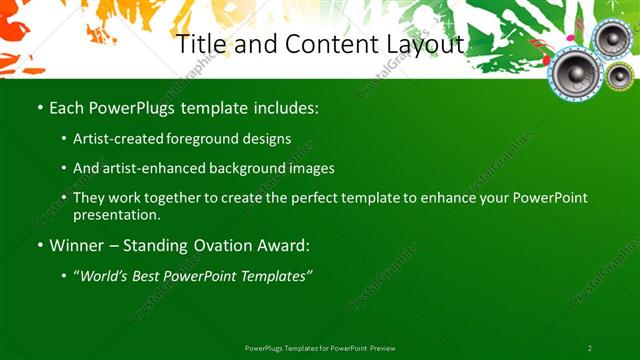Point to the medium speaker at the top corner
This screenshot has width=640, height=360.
point(610,39)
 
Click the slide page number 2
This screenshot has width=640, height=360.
point(590,348)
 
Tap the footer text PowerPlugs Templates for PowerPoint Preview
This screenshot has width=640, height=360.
point(320,348)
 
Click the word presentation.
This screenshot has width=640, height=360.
point(116,214)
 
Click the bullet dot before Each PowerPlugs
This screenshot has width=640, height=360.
point(39,106)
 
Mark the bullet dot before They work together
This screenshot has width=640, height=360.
point(64,198)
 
